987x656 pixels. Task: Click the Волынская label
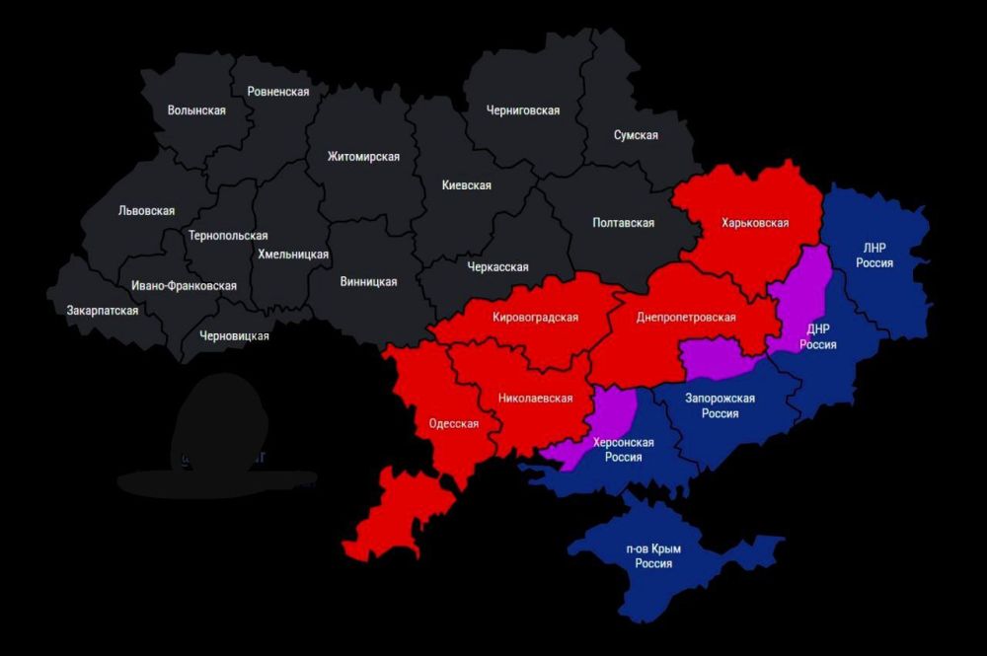coord(196,110)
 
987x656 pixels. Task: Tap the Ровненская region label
coord(278,92)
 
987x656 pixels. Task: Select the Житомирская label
coord(363,157)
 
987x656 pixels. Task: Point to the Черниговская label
coord(522,110)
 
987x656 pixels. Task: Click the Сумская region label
coord(635,135)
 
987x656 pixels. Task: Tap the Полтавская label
coord(623,223)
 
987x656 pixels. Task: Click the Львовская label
coord(146,210)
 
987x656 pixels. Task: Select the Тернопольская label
coord(228,236)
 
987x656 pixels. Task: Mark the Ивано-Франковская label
coord(184,286)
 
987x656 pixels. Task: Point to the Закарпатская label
coord(103,310)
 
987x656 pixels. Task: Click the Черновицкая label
coord(234,336)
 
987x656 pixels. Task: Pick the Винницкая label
coord(368,282)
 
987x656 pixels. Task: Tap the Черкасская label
coord(497,267)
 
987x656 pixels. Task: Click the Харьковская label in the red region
coord(755,223)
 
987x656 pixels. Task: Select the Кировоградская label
coord(535,318)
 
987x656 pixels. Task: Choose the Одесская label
coord(453,424)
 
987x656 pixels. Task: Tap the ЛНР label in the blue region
coord(874,247)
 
